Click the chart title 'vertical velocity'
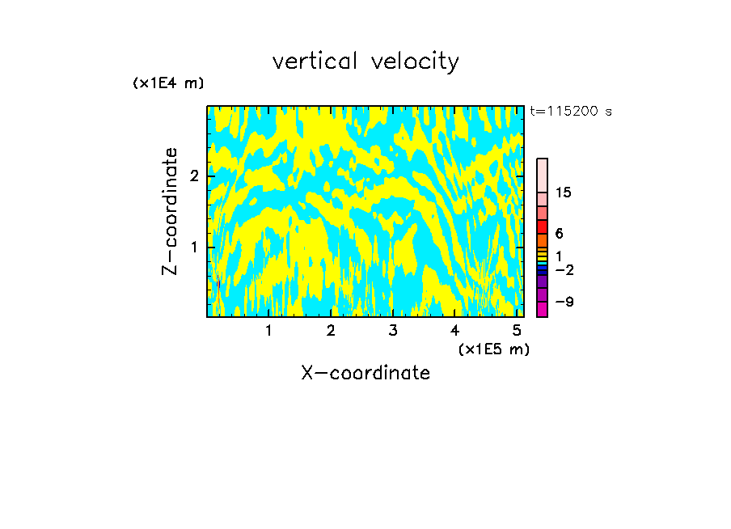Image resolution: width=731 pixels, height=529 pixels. pos(365,61)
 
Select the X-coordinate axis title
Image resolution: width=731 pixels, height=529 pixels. pos(365,373)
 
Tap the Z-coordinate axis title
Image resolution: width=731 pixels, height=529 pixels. pos(170,211)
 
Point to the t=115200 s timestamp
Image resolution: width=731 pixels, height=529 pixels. pos(571,112)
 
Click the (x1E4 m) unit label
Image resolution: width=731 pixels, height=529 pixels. pos(168,83)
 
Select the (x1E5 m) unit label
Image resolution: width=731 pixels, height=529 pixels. pos(493,349)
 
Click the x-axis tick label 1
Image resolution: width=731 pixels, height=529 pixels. pos(269,330)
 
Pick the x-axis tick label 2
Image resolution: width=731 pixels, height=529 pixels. pos(331,330)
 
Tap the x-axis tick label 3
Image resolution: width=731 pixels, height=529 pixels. pos(393,330)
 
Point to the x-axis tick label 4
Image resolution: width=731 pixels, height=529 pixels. pos(455,330)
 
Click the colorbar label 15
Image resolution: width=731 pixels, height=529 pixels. pos(564,193)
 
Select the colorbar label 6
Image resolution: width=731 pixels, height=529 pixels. pos(559,234)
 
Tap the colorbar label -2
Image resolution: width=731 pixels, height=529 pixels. pos(564,269)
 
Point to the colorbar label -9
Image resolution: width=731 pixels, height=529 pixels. pos(564,302)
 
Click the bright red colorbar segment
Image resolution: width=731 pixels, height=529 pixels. pos(542,227)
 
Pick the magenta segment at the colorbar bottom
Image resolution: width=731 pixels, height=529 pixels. pos(542,309)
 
